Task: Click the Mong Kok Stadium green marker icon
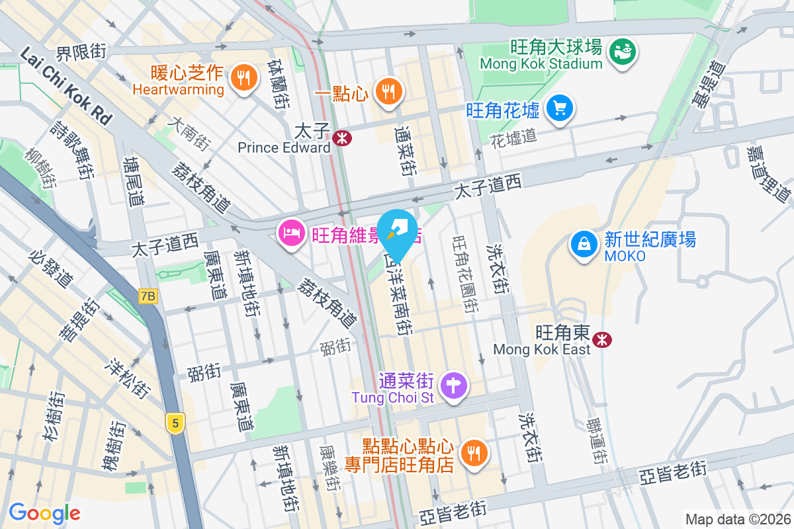point(623,50)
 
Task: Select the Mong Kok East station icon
point(602,340)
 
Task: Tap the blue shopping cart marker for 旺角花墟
point(560,107)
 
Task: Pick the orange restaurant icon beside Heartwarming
point(243,78)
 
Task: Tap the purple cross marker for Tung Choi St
point(455,385)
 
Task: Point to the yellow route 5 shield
point(175,423)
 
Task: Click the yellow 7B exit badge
point(148,297)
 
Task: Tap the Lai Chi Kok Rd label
point(66,86)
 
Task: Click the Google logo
point(44,512)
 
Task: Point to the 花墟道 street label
point(513,138)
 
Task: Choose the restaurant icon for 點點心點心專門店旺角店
point(474,453)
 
